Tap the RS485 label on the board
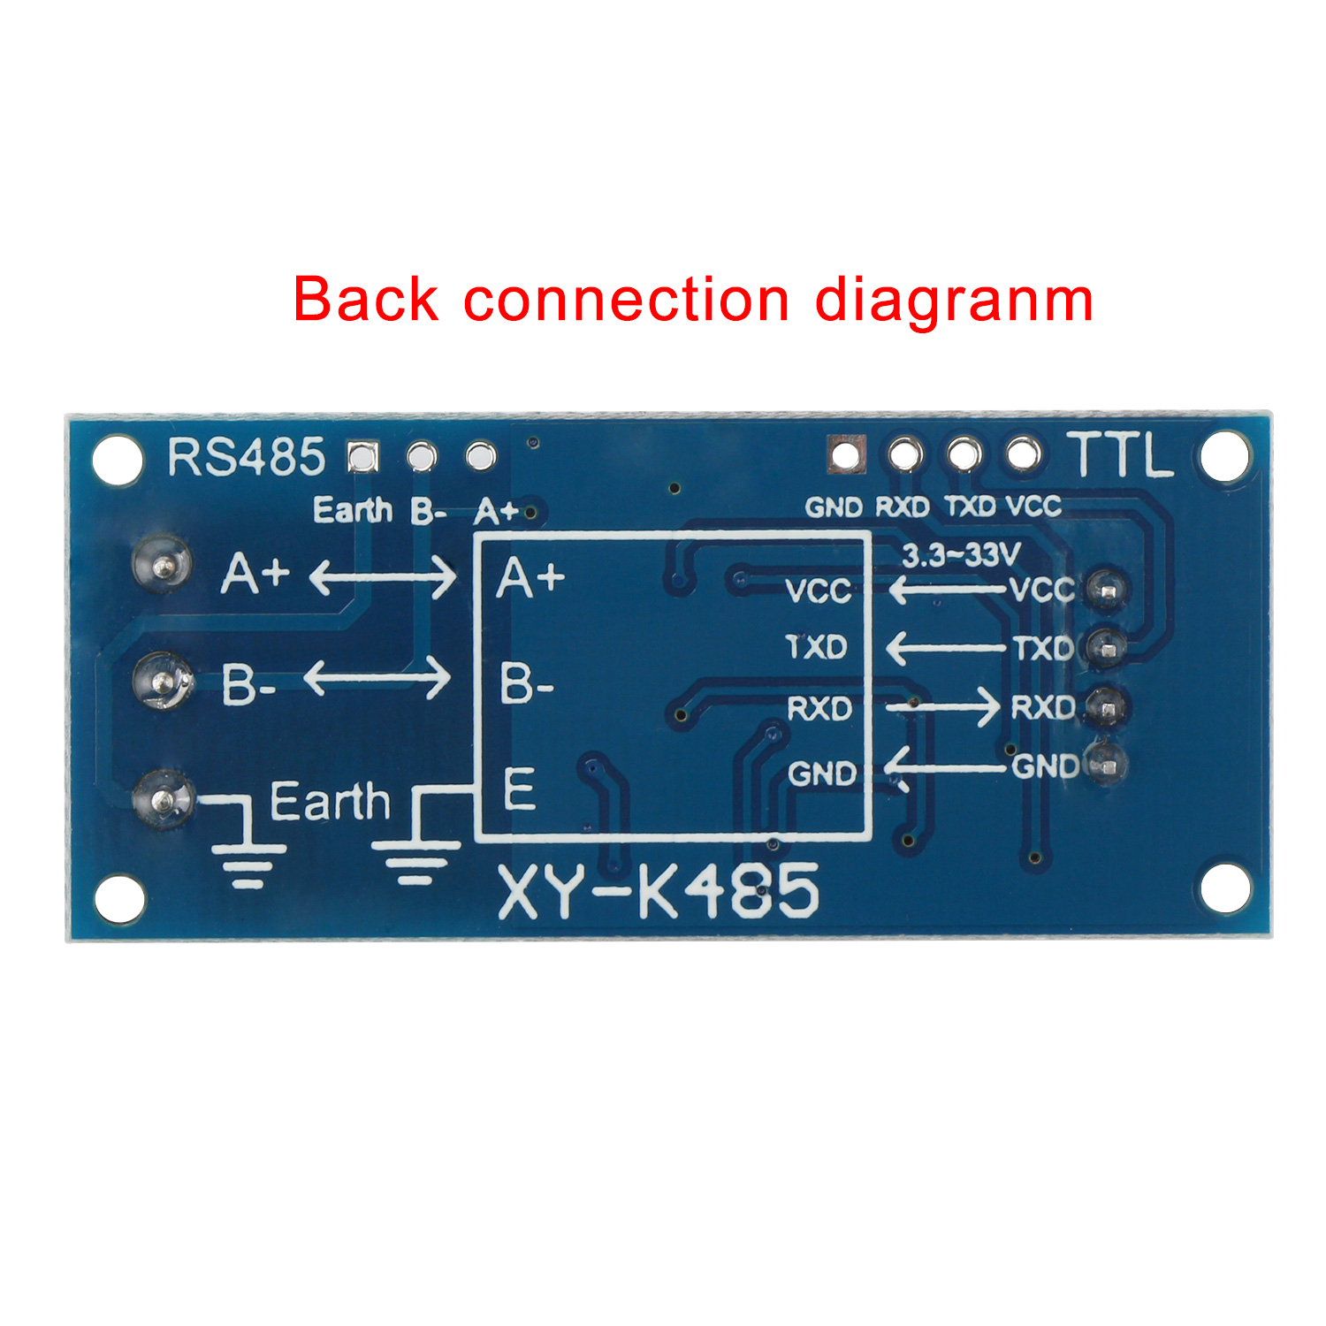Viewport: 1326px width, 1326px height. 247,457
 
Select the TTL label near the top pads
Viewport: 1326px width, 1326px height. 1121,455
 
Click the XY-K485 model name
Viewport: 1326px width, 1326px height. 659,891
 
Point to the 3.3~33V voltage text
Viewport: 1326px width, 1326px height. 961,555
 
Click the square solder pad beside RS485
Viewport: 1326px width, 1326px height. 362,457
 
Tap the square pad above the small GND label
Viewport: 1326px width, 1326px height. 844,454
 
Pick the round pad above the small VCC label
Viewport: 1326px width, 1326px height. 1023,454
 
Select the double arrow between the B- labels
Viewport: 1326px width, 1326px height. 377,679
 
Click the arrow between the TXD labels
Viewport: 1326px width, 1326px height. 945,648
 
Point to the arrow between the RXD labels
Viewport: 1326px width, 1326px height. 942,706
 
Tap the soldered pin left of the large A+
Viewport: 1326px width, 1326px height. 162,563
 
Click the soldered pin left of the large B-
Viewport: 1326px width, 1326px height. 163,681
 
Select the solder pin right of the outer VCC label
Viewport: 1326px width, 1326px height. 1105,590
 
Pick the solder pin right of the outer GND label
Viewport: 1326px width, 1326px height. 1105,764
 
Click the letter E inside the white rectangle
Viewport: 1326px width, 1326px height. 519,789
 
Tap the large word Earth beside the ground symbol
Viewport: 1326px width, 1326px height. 330,801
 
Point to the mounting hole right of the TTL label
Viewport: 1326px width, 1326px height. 1225,456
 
